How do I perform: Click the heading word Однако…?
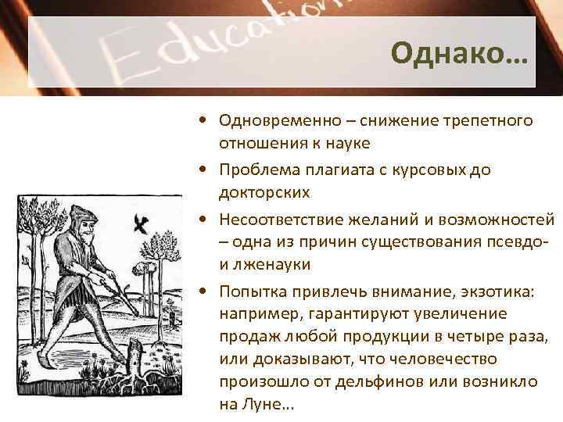click(460, 54)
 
